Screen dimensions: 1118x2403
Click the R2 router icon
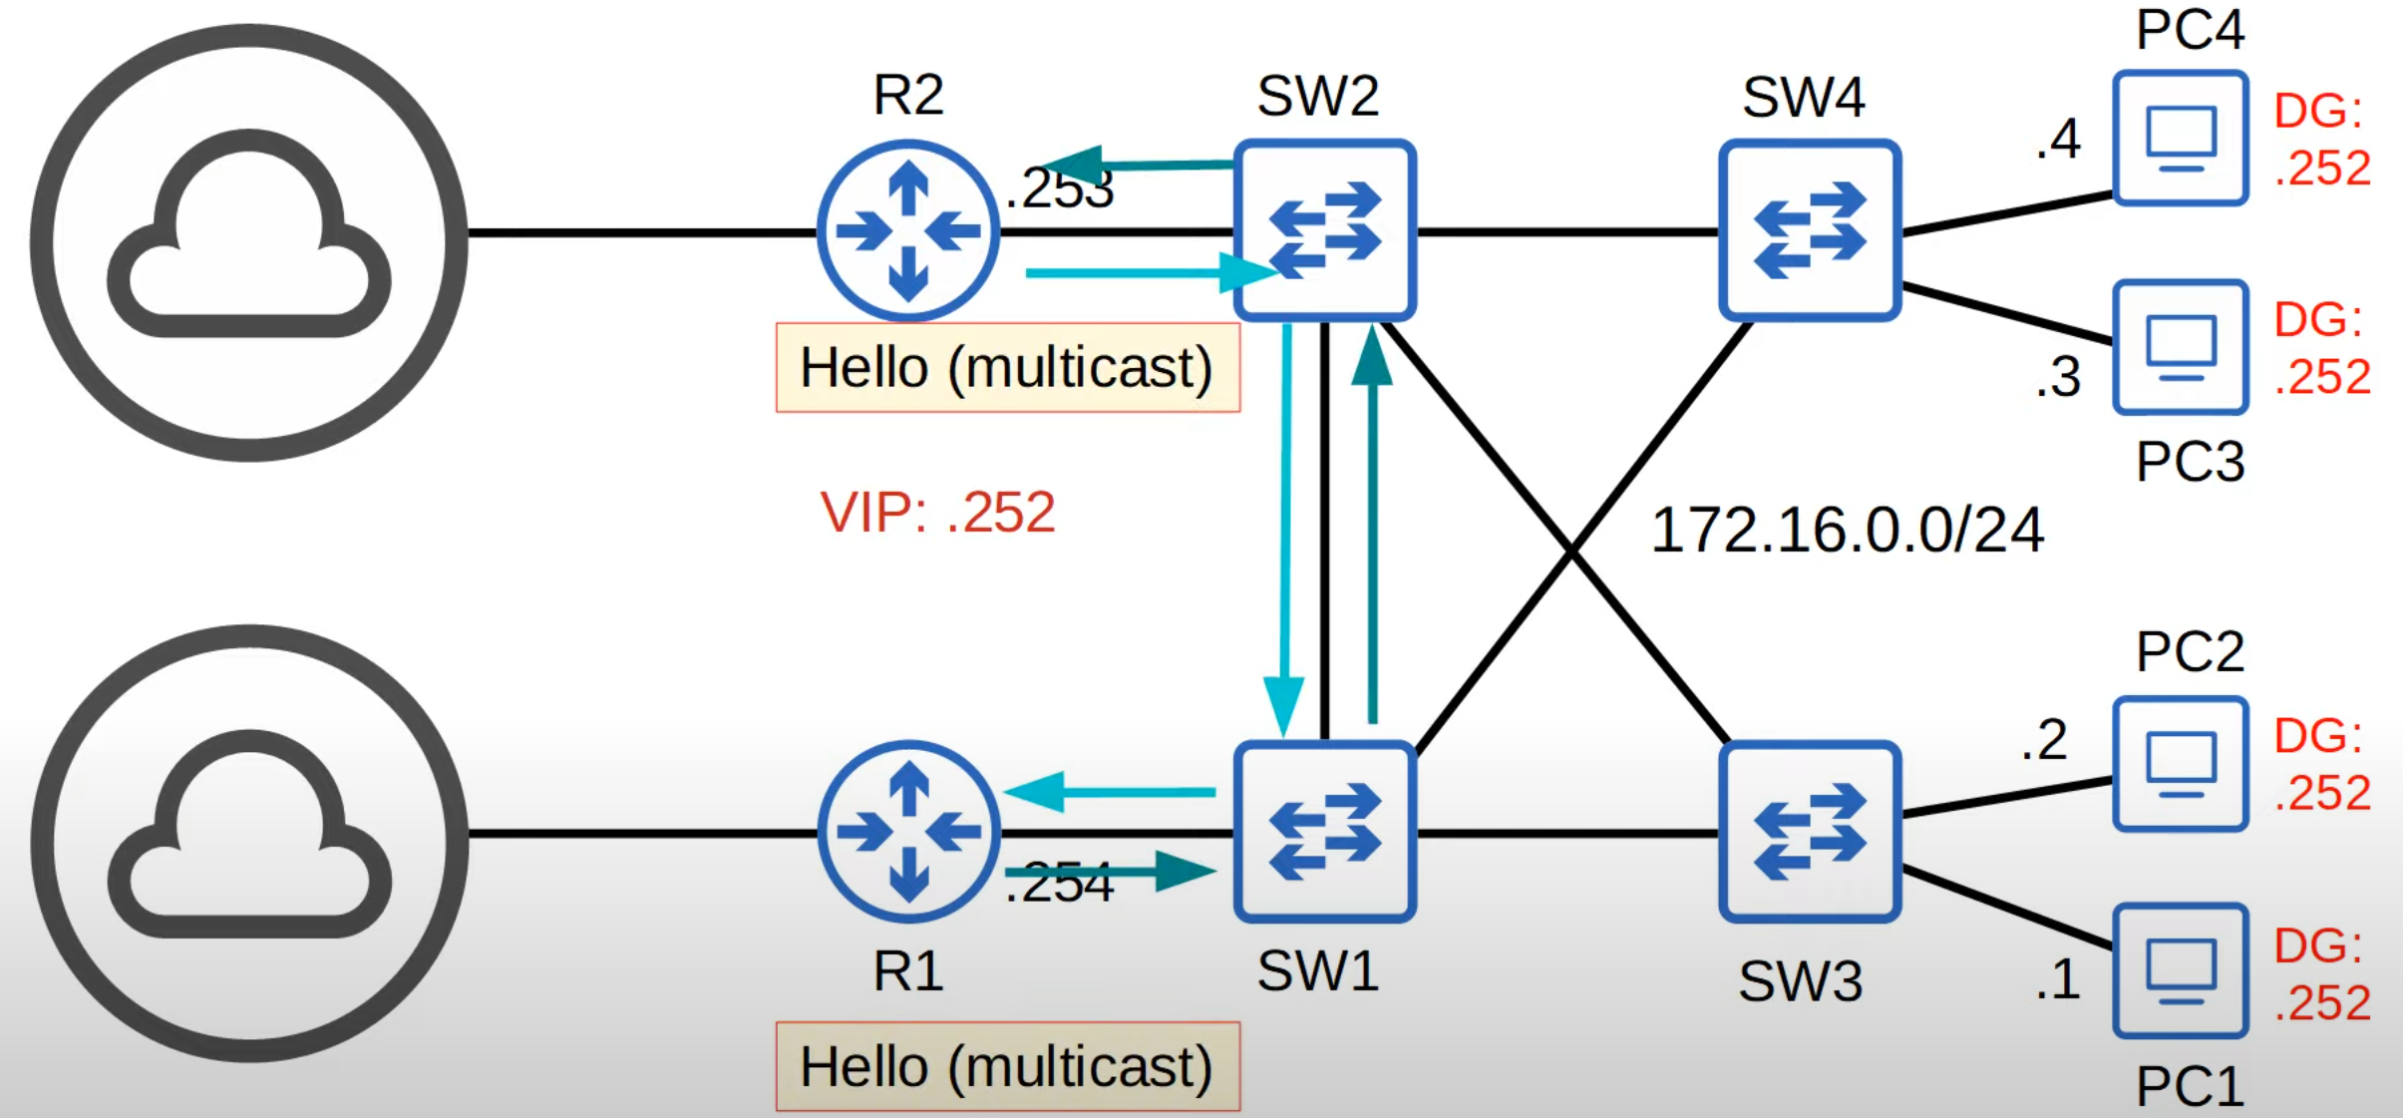point(907,230)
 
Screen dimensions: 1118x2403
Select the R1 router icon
point(907,831)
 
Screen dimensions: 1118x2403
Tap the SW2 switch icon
point(1324,230)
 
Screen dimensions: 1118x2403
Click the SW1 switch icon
point(1324,831)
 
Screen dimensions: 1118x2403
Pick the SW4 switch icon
point(1809,230)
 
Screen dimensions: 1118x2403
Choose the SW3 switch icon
point(1809,831)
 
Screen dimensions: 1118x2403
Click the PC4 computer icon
point(2180,138)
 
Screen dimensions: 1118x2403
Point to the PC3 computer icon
point(2180,346)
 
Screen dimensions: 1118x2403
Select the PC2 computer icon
point(2180,763)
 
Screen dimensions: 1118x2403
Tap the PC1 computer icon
point(2180,970)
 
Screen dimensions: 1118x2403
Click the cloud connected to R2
point(249,242)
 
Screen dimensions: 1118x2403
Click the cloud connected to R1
point(249,843)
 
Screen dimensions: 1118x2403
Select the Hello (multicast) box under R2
point(1007,367)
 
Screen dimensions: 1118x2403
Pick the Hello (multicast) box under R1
point(1007,1066)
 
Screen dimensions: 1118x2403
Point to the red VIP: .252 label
point(937,513)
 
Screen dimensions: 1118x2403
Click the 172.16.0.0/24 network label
point(1847,530)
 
